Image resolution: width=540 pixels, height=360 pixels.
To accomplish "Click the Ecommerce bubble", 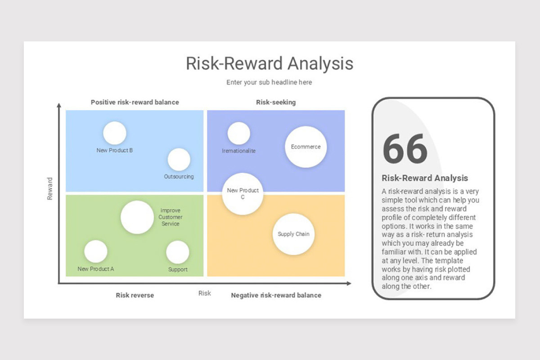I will [x=306, y=147].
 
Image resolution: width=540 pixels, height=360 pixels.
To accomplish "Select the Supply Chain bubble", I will [x=293, y=234].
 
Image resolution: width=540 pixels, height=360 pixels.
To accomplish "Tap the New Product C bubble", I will [x=243, y=193].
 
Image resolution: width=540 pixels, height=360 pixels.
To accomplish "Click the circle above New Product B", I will [x=114, y=133].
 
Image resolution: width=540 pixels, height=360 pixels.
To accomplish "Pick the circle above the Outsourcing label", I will [x=179, y=160].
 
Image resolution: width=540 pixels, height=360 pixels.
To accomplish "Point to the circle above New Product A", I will [x=96, y=252].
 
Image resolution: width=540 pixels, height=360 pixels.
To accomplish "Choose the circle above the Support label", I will [x=178, y=252].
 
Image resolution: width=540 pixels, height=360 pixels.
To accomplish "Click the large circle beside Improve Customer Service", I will [x=137, y=217].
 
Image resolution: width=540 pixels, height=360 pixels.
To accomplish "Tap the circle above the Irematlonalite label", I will [x=238, y=133].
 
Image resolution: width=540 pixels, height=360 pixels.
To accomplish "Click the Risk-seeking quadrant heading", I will [x=276, y=102].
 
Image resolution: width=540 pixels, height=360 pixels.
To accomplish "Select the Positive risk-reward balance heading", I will [x=135, y=102].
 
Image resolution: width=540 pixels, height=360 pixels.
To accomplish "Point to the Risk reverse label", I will [x=135, y=295].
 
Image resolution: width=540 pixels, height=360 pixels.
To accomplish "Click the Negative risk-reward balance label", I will [x=276, y=295].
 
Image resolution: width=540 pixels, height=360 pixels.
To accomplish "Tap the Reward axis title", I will [x=50, y=189].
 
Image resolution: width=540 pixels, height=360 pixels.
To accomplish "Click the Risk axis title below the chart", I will [x=205, y=293].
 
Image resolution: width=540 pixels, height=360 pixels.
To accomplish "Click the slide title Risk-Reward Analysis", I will [x=270, y=63].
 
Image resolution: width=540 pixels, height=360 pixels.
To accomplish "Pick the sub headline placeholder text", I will [x=269, y=82].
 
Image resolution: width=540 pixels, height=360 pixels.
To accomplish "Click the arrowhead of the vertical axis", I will [x=59, y=106].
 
